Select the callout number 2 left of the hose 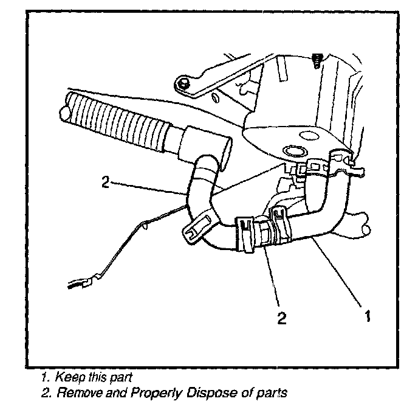click(106, 181)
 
